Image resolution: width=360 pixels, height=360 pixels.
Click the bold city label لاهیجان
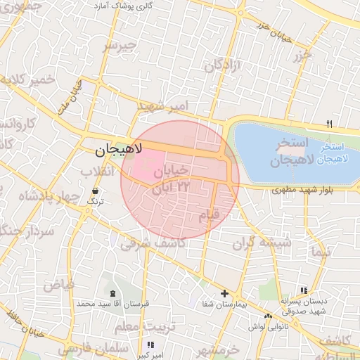point(119,150)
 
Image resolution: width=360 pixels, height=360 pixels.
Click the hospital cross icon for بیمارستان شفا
point(224,293)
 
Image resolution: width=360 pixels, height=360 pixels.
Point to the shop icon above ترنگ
point(95,191)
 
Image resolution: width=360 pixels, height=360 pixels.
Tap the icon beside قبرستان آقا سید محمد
point(112,292)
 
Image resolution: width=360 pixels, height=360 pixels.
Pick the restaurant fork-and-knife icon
point(328,124)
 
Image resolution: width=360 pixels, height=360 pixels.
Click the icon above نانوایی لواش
point(269,316)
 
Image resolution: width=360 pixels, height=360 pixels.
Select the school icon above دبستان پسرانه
point(304,290)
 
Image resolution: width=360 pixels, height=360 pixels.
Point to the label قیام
point(209,214)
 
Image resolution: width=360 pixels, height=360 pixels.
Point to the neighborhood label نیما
point(321,250)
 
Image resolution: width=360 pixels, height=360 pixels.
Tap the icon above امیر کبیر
point(150,345)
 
